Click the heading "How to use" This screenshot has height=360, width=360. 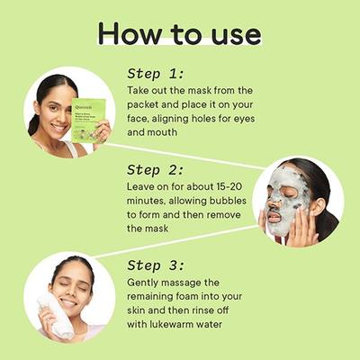(x=179, y=33)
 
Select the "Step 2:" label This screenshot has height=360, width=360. (x=156, y=169)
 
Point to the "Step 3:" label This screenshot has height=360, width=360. (x=156, y=265)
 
